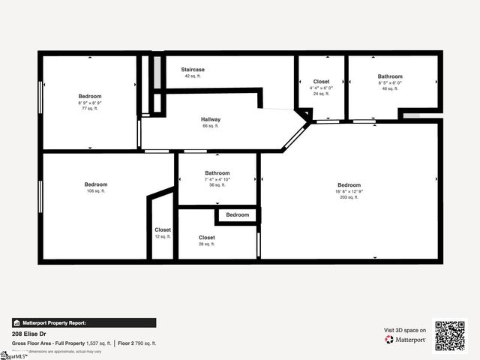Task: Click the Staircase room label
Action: coord(193,70)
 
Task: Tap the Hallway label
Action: coord(211,120)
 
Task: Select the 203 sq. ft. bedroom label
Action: coord(349,185)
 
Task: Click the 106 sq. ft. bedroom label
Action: coord(96,184)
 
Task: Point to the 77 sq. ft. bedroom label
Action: coord(90,96)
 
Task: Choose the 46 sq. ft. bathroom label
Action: coord(390,76)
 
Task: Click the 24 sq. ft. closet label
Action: coord(321,82)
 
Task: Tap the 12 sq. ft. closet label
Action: coord(163,229)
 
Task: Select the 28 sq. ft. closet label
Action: coord(207,238)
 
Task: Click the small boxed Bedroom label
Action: coord(238,215)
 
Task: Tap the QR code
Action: coord(450,336)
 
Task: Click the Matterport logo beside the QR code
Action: coord(406,340)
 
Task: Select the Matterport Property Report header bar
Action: coord(84,322)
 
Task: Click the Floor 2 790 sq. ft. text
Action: coord(137,343)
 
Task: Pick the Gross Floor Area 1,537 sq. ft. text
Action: coord(61,343)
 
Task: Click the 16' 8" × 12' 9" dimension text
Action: coord(349,191)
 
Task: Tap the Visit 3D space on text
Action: coord(405,330)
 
